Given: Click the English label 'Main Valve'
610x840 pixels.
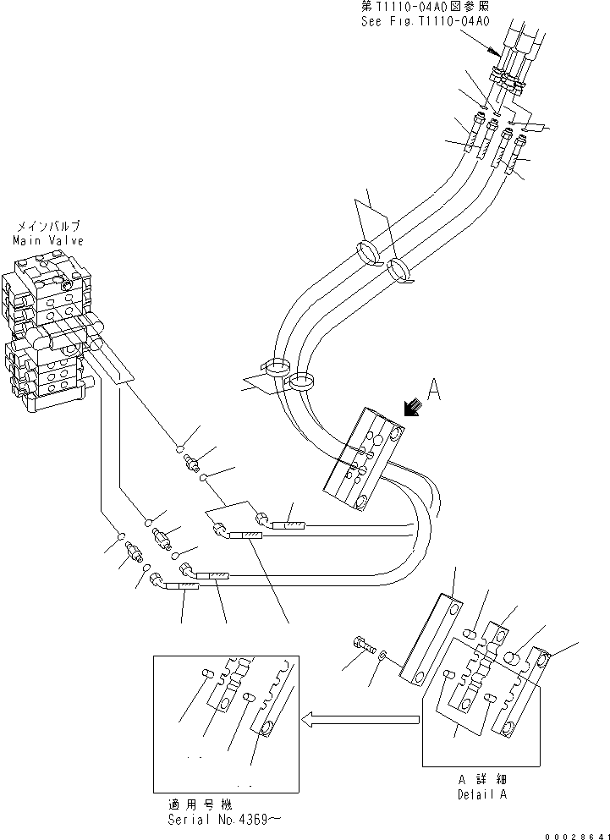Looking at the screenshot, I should pyautogui.click(x=47, y=240).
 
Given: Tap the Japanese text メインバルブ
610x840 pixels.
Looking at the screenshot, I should pyautogui.click(x=47, y=228).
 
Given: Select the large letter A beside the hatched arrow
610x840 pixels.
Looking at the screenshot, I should pyautogui.click(x=433, y=390).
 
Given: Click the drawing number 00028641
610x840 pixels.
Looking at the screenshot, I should pyautogui.click(x=574, y=833).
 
